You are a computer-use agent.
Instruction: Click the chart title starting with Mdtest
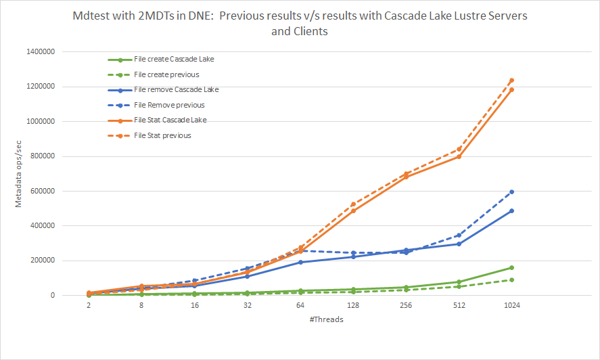(x=300, y=23)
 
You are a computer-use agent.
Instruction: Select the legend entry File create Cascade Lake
(x=174, y=59)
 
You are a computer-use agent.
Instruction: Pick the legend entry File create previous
(x=166, y=74)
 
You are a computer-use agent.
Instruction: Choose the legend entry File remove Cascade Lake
(x=176, y=89)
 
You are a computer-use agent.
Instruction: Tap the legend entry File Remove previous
(x=169, y=105)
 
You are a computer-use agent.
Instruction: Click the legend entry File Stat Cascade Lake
(x=170, y=120)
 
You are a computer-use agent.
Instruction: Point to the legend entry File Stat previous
(x=162, y=135)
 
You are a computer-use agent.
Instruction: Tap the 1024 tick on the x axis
(x=511, y=306)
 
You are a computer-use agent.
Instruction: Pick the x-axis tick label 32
(x=248, y=306)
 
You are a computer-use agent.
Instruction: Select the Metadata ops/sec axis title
(x=20, y=173)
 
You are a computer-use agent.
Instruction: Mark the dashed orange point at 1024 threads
(x=511, y=81)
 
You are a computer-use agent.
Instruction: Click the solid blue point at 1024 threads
(x=511, y=211)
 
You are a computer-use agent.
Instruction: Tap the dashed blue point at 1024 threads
(x=511, y=192)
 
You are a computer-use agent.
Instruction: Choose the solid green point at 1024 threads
(x=511, y=268)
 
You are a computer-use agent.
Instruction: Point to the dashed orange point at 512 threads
(x=459, y=149)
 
